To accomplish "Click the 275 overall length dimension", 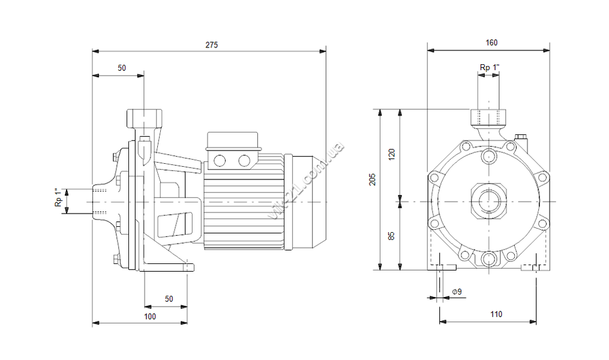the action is coord(212,45).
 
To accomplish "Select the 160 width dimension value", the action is coord(491,43).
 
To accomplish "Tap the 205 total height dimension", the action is coord(373,179).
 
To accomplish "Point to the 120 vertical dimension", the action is coord(391,154).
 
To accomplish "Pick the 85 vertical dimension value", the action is coord(391,236).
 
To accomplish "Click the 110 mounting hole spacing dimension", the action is coord(496,314).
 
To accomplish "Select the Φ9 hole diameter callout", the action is coord(457,292).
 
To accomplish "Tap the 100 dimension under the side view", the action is coord(150,317).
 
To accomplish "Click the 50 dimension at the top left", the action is coord(122,68).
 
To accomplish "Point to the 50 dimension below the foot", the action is coord(169,299).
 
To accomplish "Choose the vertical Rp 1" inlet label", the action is coord(59,197).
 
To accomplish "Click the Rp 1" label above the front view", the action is coord(490,67).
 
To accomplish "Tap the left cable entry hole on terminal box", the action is coord(220,160).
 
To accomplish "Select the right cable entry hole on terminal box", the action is coord(244,160).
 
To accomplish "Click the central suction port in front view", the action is coord(488,202).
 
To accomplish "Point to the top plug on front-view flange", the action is coord(488,156).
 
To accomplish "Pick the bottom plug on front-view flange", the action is coord(488,259).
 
